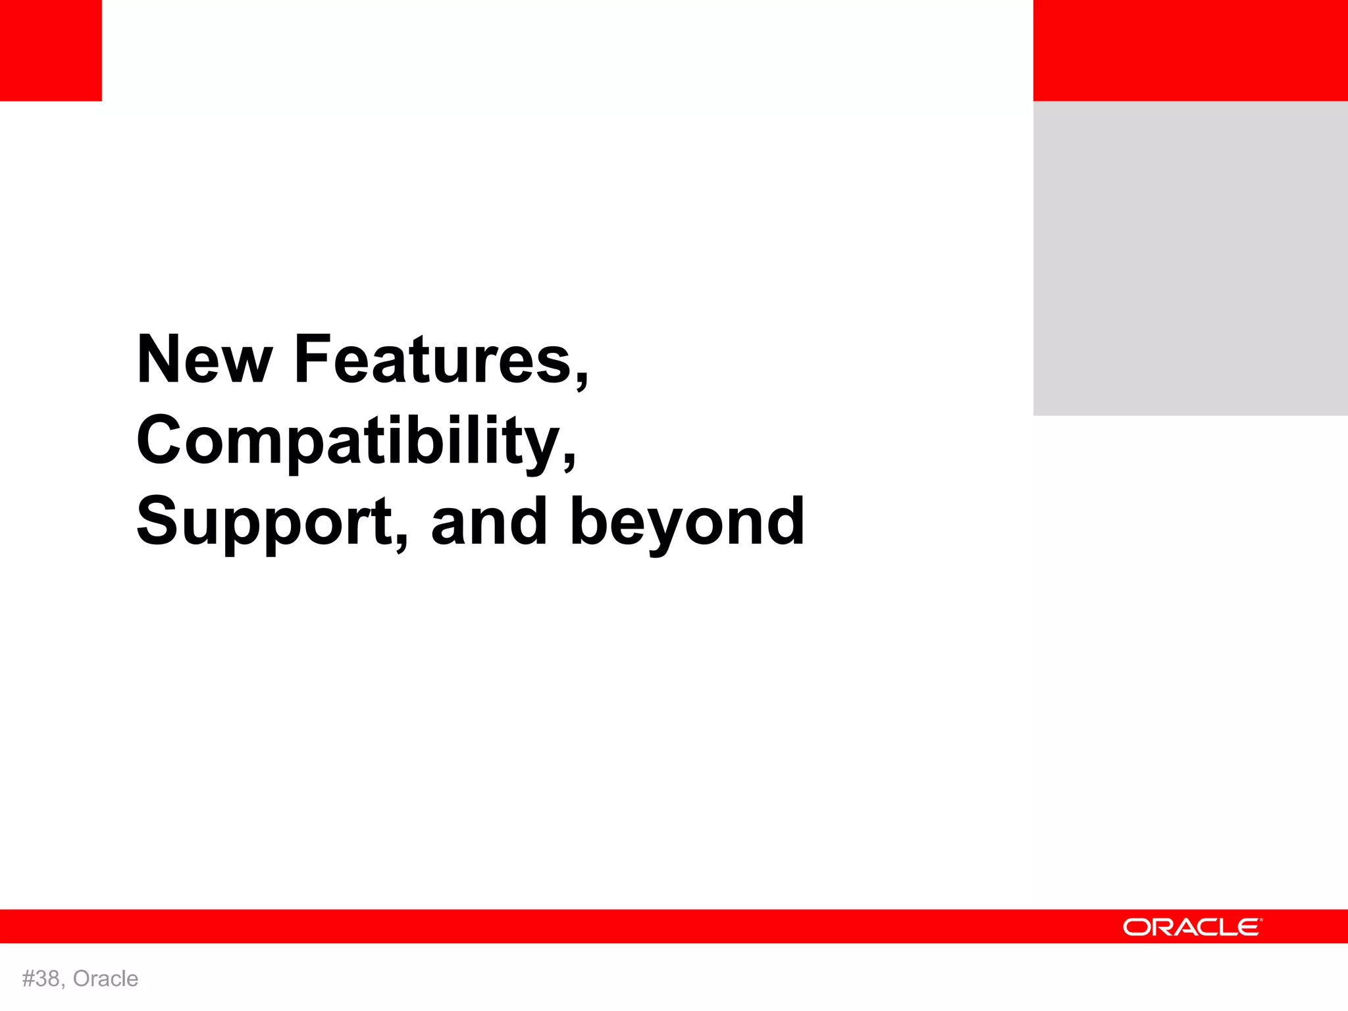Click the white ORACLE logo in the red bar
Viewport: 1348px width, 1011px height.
(1192, 927)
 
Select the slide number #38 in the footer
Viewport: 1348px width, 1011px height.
(41, 979)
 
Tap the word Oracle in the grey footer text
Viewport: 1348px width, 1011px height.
(105, 979)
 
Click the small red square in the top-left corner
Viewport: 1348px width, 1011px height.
(51, 51)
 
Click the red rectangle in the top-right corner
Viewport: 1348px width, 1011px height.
(1190, 51)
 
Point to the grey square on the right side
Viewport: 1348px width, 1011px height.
(1190, 258)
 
